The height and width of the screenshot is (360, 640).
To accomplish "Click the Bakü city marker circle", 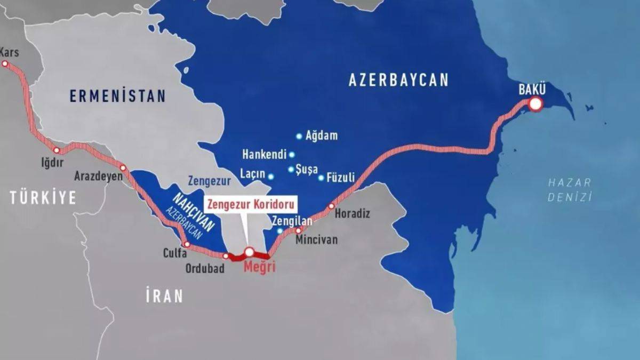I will (535, 104).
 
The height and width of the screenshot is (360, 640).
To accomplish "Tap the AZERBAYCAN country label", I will (398, 80).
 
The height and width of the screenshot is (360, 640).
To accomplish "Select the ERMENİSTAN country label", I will (117, 96).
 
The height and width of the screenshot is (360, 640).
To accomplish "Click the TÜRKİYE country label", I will (43, 198).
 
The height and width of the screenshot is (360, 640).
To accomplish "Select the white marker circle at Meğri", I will (249, 252).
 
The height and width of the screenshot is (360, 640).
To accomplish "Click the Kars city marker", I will (5, 63).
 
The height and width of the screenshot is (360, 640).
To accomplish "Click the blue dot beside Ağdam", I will (299, 137).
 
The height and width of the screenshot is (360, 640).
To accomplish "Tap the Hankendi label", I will (264, 155).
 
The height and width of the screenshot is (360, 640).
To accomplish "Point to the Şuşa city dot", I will (291, 170).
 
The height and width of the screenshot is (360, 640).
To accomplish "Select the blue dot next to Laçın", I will (271, 177).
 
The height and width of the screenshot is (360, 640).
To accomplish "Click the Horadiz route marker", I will (331, 206).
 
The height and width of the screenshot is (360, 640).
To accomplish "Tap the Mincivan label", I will (316, 240).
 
